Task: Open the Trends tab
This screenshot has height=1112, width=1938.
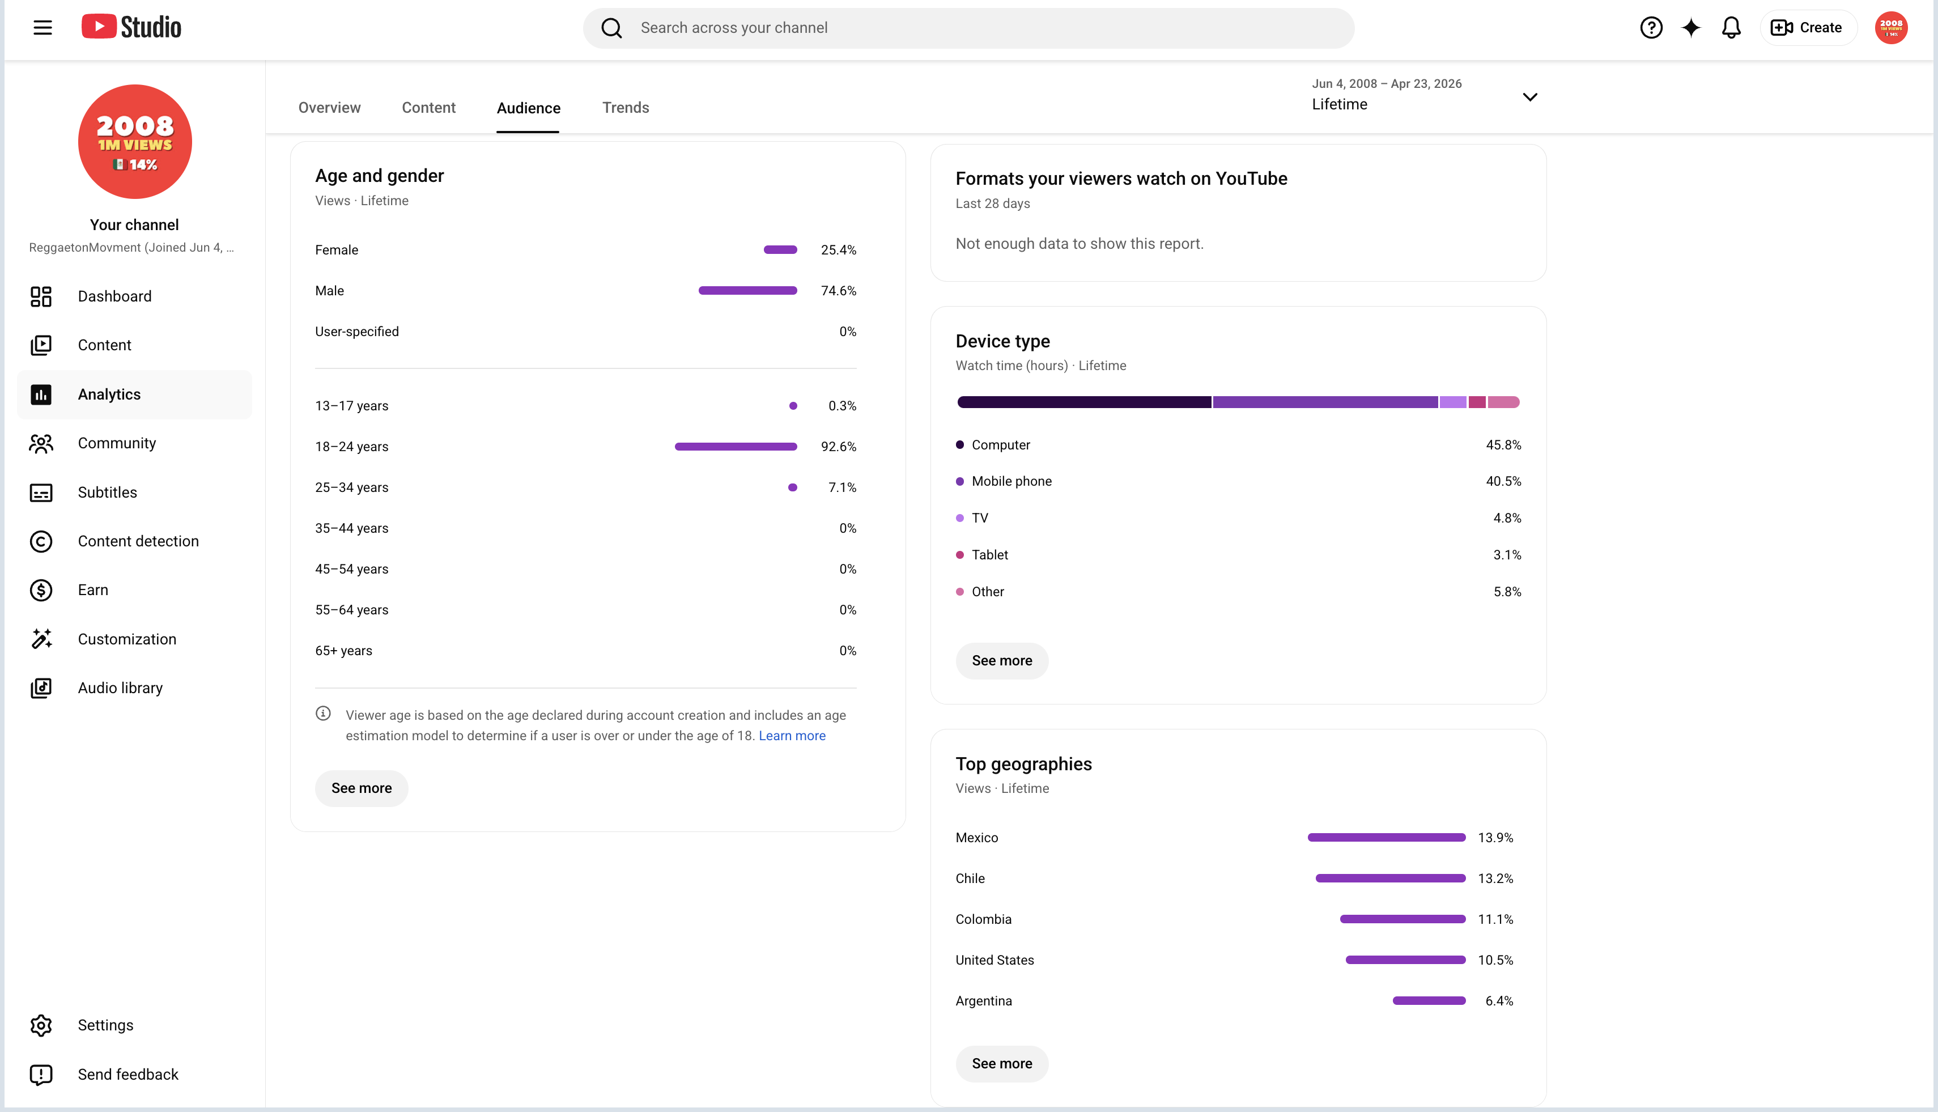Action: pyautogui.click(x=626, y=108)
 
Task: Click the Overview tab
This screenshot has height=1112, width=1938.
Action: pyautogui.click(x=329, y=108)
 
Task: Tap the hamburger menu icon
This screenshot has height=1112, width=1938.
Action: pyautogui.click(x=42, y=28)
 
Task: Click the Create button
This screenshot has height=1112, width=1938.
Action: pyautogui.click(x=1808, y=28)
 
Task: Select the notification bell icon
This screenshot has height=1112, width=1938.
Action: pyautogui.click(x=1731, y=28)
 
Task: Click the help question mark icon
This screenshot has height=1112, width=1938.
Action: pyautogui.click(x=1651, y=28)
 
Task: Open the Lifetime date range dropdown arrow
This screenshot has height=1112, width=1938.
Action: pyautogui.click(x=1529, y=97)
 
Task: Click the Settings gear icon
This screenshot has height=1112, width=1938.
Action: pyautogui.click(x=41, y=1025)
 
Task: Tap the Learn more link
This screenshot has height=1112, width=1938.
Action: pyautogui.click(x=792, y=736)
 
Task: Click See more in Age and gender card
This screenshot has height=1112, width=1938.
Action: pyautogui.click(x=361, y=788)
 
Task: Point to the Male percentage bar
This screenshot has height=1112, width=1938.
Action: pyautogui.click(x=747, y=290)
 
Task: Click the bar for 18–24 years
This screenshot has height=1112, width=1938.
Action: pyautogui.click(x=736, y=446)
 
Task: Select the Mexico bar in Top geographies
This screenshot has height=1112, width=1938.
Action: pyautogui.click(x=1386, y=837)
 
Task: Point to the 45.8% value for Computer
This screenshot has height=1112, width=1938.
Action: pyautogui.click(x=1503, y=444)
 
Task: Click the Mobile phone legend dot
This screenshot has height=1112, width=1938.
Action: pyautogui.click(x=960, y=481)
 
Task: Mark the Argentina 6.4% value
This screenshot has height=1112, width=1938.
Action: pyautogui.click(x=1499, y=1000)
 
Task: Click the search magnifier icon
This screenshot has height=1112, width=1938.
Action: pyautogui.click(x=611, y=28)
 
